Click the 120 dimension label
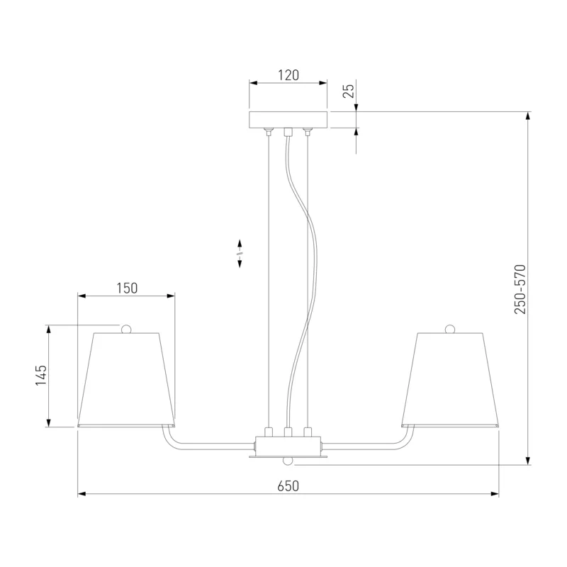(x=288, y=75)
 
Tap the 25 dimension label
(x=349, y=91)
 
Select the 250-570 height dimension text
(x=520, y=289)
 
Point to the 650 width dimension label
(x=288, y=486)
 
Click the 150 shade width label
(x=127, y=288)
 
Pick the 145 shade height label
(x=41, y=375)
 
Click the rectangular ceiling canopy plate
(x=288, y=120)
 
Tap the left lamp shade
(x=126, y=380)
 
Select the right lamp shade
(x=450, y=380)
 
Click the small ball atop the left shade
(x=126, y=329)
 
